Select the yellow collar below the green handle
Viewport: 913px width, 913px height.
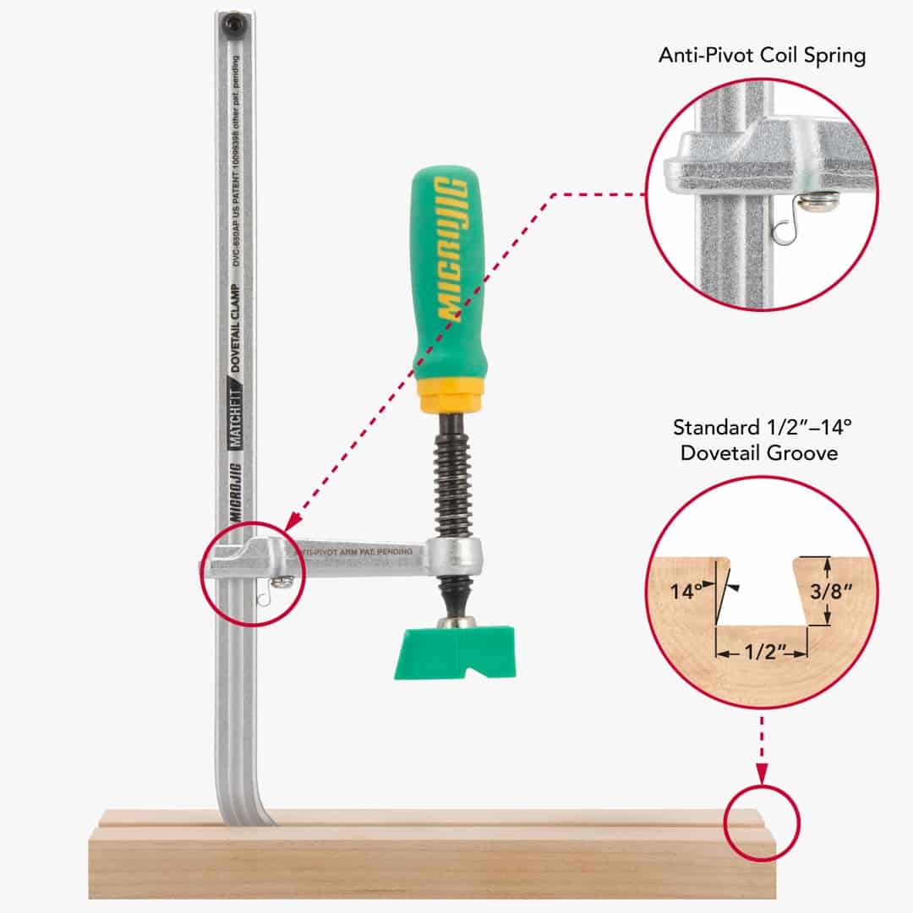click(451, 395)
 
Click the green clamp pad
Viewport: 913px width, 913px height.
click(455, 652)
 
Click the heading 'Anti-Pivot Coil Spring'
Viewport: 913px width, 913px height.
click(762, 57)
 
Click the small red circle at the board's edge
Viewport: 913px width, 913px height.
click(763, 823)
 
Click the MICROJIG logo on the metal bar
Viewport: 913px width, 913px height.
click(236, 491)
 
